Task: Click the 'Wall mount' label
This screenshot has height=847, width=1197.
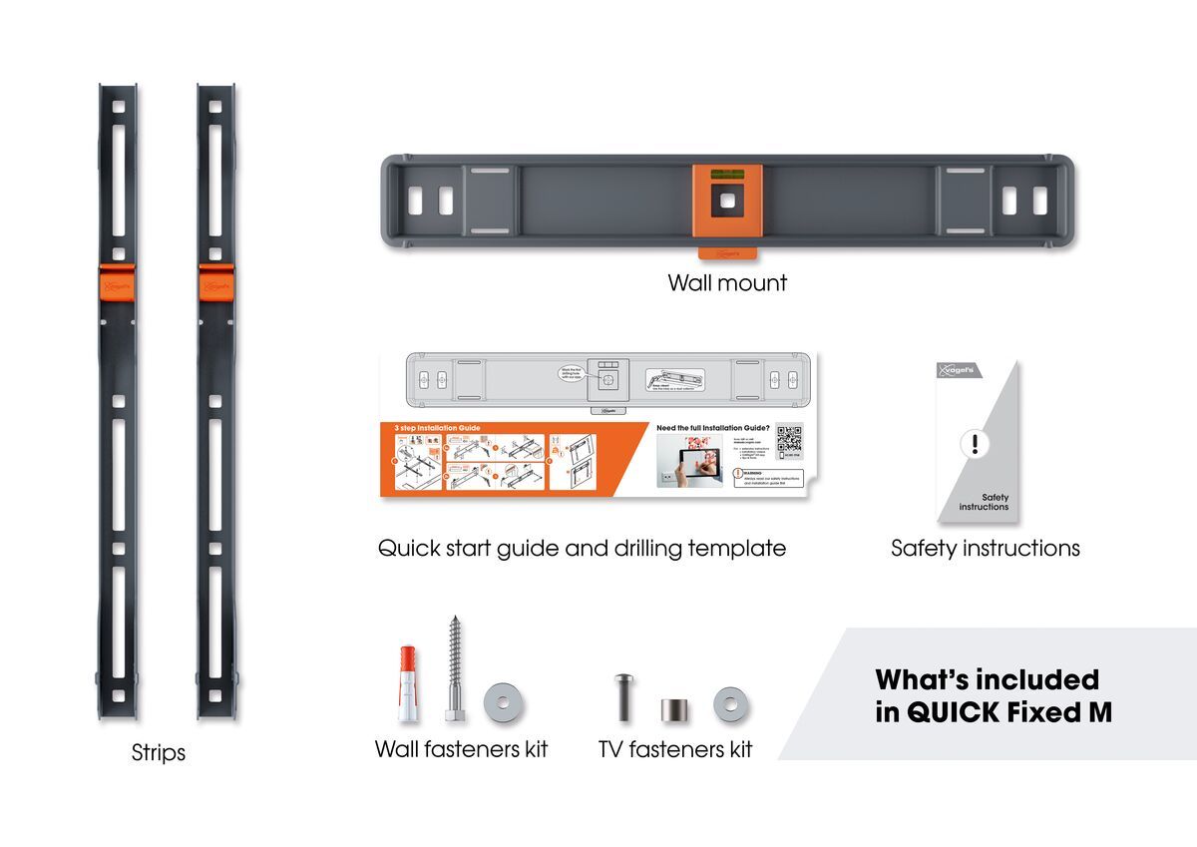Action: (727, 283)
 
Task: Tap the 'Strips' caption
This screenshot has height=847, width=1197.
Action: (159, 752)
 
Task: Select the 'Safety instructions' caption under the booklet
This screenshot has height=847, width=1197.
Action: (985, 548)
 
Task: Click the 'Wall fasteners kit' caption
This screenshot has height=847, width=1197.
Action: (461, 749)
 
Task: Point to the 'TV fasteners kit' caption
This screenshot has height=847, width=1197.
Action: (675, 749)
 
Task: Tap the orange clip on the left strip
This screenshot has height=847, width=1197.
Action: (118, 281)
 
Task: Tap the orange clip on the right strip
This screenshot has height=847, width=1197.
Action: (215, 281)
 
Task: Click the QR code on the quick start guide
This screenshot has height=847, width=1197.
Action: (789, 440)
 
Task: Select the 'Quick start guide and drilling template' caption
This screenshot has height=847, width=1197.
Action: (582, 549)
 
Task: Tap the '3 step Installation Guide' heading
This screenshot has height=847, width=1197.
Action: (434, 428)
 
